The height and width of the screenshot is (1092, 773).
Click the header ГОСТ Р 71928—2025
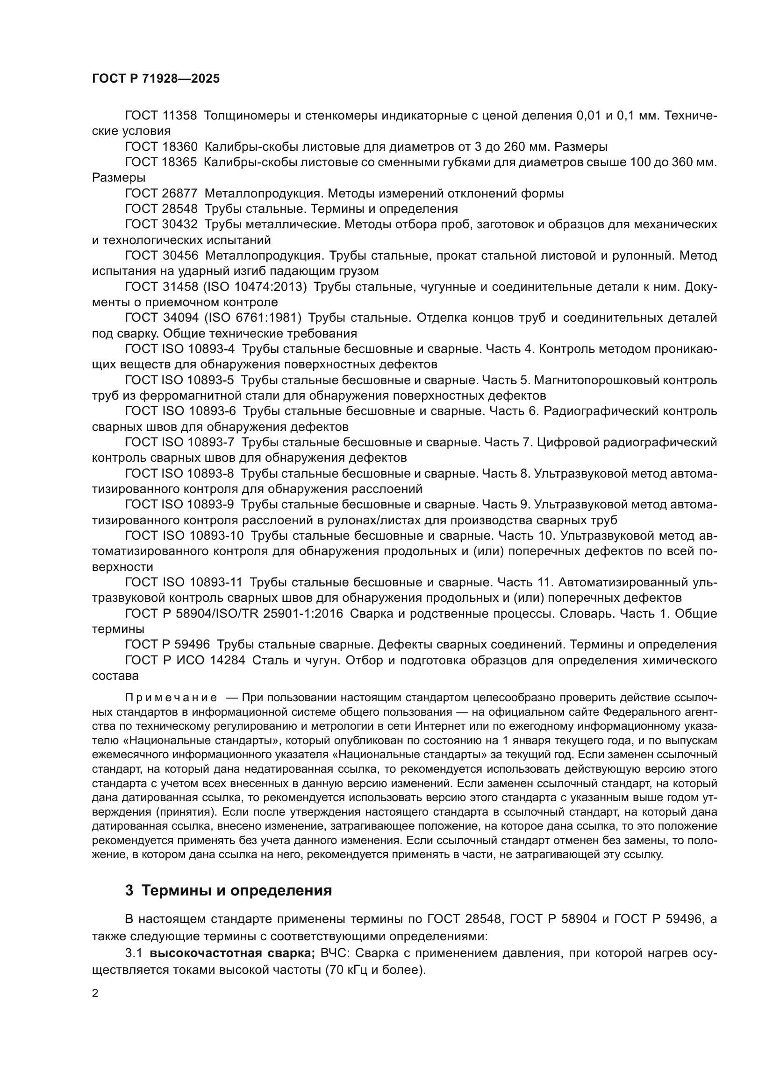coord(156,79)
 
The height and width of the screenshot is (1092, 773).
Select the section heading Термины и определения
coord(236,890)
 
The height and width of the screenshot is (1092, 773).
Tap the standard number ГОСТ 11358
coord(161,116)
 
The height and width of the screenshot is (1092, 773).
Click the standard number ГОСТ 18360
coord(161,147)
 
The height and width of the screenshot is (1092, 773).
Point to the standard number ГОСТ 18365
coord(161,162)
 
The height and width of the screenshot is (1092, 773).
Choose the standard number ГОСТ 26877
coord(161,194)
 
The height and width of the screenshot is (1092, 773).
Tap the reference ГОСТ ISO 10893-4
coord(180,349)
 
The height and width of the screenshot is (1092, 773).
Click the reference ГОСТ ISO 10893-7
coord(180,442)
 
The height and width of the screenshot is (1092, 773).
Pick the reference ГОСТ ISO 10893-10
coord(184,535)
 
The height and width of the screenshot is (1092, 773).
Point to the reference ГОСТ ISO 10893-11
coord(184,582)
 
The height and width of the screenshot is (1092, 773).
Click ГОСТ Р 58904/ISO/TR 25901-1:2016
coord(234,613)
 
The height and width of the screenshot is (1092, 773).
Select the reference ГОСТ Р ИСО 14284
coord(185,660)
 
